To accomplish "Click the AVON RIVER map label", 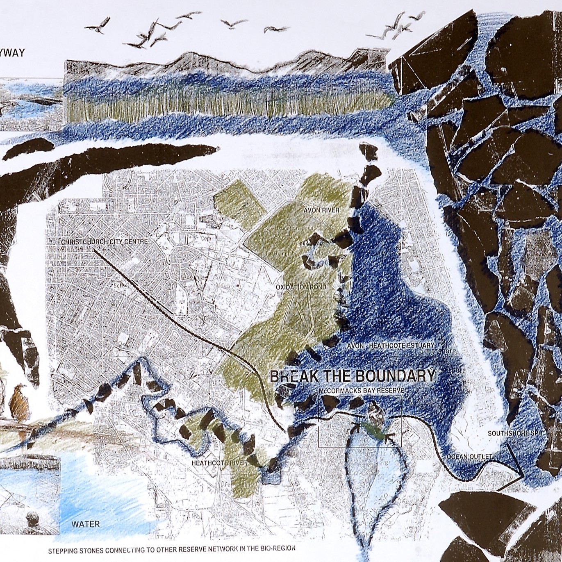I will (321, 210).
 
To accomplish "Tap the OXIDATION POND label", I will (301, 287).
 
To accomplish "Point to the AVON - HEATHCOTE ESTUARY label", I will (390, 346).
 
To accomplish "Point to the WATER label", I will (86, 524).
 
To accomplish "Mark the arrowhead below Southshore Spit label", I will (521, 476).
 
